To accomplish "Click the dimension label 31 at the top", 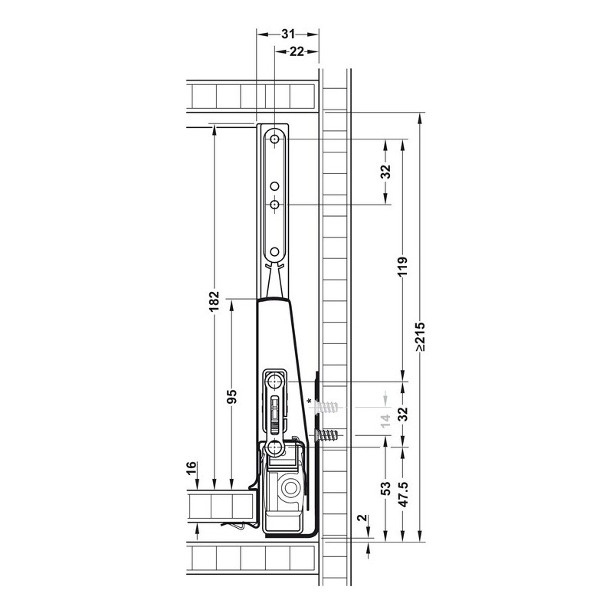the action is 288,34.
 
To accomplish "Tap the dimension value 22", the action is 297,51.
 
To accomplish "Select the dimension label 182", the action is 215,301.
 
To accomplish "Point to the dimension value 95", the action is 232,397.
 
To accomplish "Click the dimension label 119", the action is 403,267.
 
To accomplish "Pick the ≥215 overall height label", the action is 421,336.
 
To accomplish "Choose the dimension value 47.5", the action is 403,494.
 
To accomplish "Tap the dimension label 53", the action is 386,489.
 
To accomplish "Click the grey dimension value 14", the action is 386,420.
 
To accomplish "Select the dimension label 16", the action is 191,468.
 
